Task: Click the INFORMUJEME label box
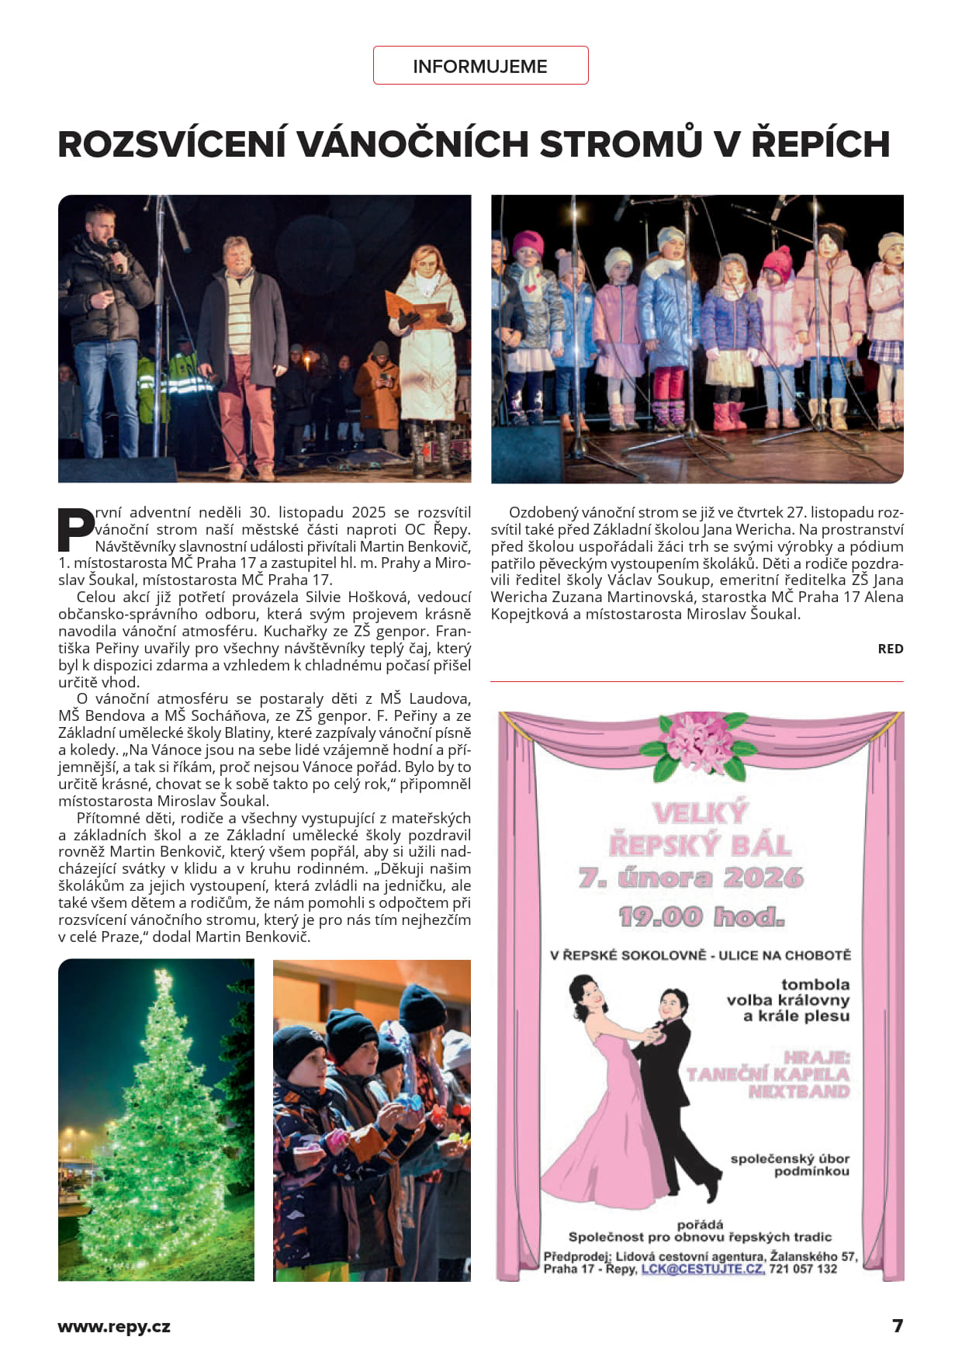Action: pos(480,66)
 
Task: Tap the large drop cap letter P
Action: pos(75,530)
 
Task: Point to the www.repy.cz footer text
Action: pos(114,1326)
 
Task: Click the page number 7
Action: pos(898,1325)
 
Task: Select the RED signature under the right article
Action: pos(890,649)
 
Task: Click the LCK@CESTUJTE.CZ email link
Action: pos(702,1269)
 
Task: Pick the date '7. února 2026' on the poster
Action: pos(690,878)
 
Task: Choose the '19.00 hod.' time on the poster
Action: pos(701,917)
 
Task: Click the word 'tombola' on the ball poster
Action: pos(815,984)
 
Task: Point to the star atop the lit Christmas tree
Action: pos(163,980)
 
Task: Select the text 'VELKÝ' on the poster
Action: pos(700,812)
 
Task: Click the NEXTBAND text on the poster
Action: pos(798,1092)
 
